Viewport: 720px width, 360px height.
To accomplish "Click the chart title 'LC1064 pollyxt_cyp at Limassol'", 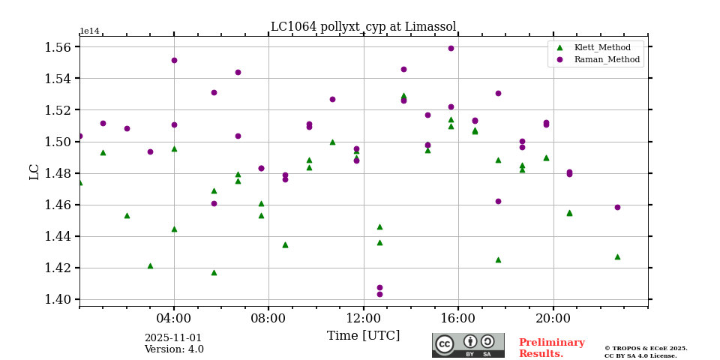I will tap(363, 27).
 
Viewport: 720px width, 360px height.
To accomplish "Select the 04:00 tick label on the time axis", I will tap(174, 317).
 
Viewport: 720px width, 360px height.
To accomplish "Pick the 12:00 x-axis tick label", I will tap(364, 317).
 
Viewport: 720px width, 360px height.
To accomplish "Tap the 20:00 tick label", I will tap(553, 317).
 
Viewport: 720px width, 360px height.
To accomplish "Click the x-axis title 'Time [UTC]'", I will tap(363, 336).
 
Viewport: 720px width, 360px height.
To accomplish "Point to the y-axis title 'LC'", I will tap(34, 172).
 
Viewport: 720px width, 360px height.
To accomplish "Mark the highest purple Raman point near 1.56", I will tap(451, 48).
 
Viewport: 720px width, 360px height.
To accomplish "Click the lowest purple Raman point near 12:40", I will tap(379, 294).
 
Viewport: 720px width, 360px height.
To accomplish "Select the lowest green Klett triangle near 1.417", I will tap(214, 272).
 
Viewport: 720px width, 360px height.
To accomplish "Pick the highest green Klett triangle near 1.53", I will tap(403, 96).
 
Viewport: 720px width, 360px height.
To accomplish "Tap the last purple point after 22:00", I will tap(617, 207).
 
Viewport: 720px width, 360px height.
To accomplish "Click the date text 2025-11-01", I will tap(173, 338).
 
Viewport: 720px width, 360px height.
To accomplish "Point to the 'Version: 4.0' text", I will tap(174, 349).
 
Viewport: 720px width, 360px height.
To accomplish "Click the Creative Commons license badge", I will tap(468, 345).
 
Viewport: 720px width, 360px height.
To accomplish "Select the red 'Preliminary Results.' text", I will tap(551, 348).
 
